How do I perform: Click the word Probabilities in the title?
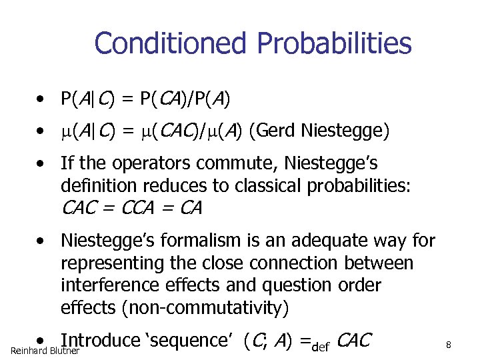pos(334,44)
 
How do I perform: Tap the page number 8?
pos(449,345)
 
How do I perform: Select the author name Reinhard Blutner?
pos(45,351)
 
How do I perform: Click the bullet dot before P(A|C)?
pos(41,101)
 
